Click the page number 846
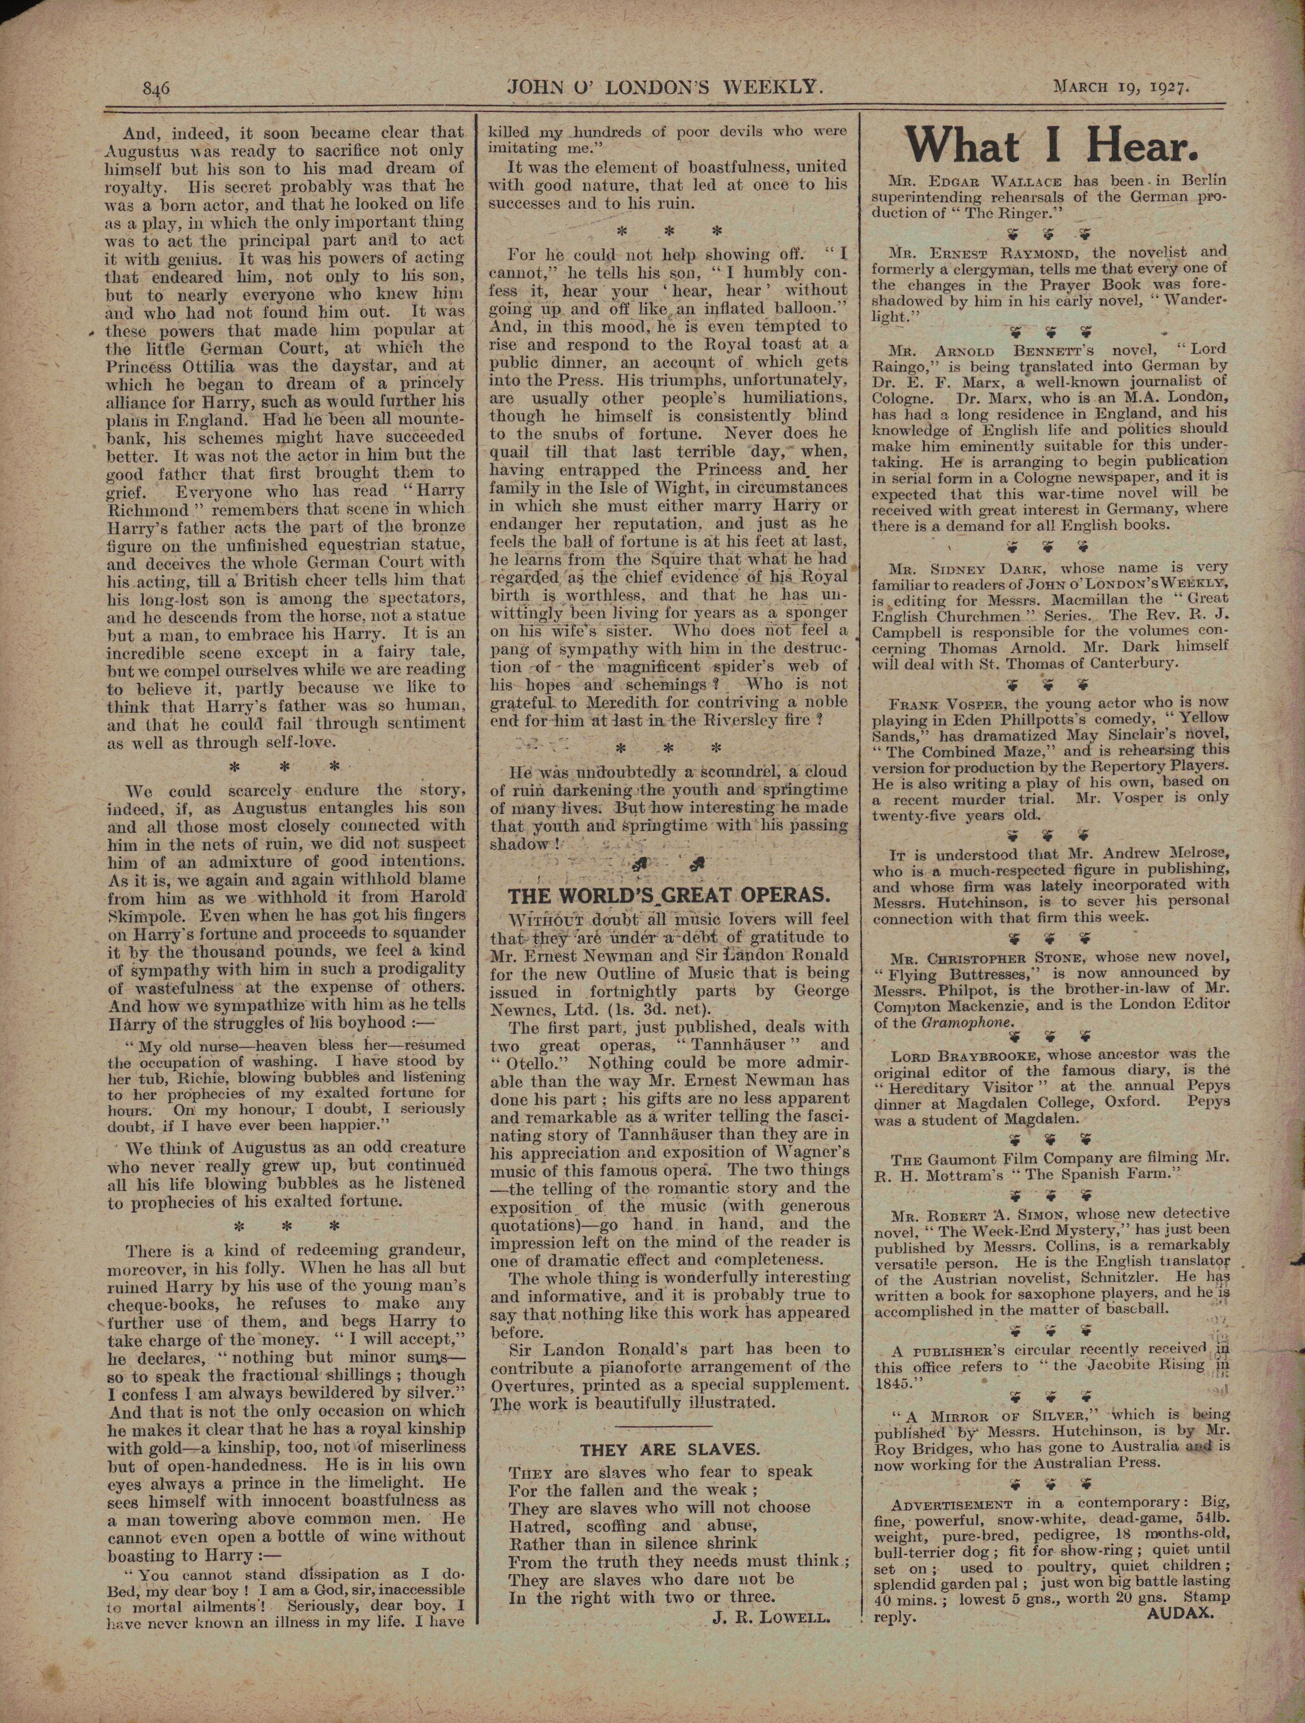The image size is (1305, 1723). pos(156,88)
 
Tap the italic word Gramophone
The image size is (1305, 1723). pos(969,1023)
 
